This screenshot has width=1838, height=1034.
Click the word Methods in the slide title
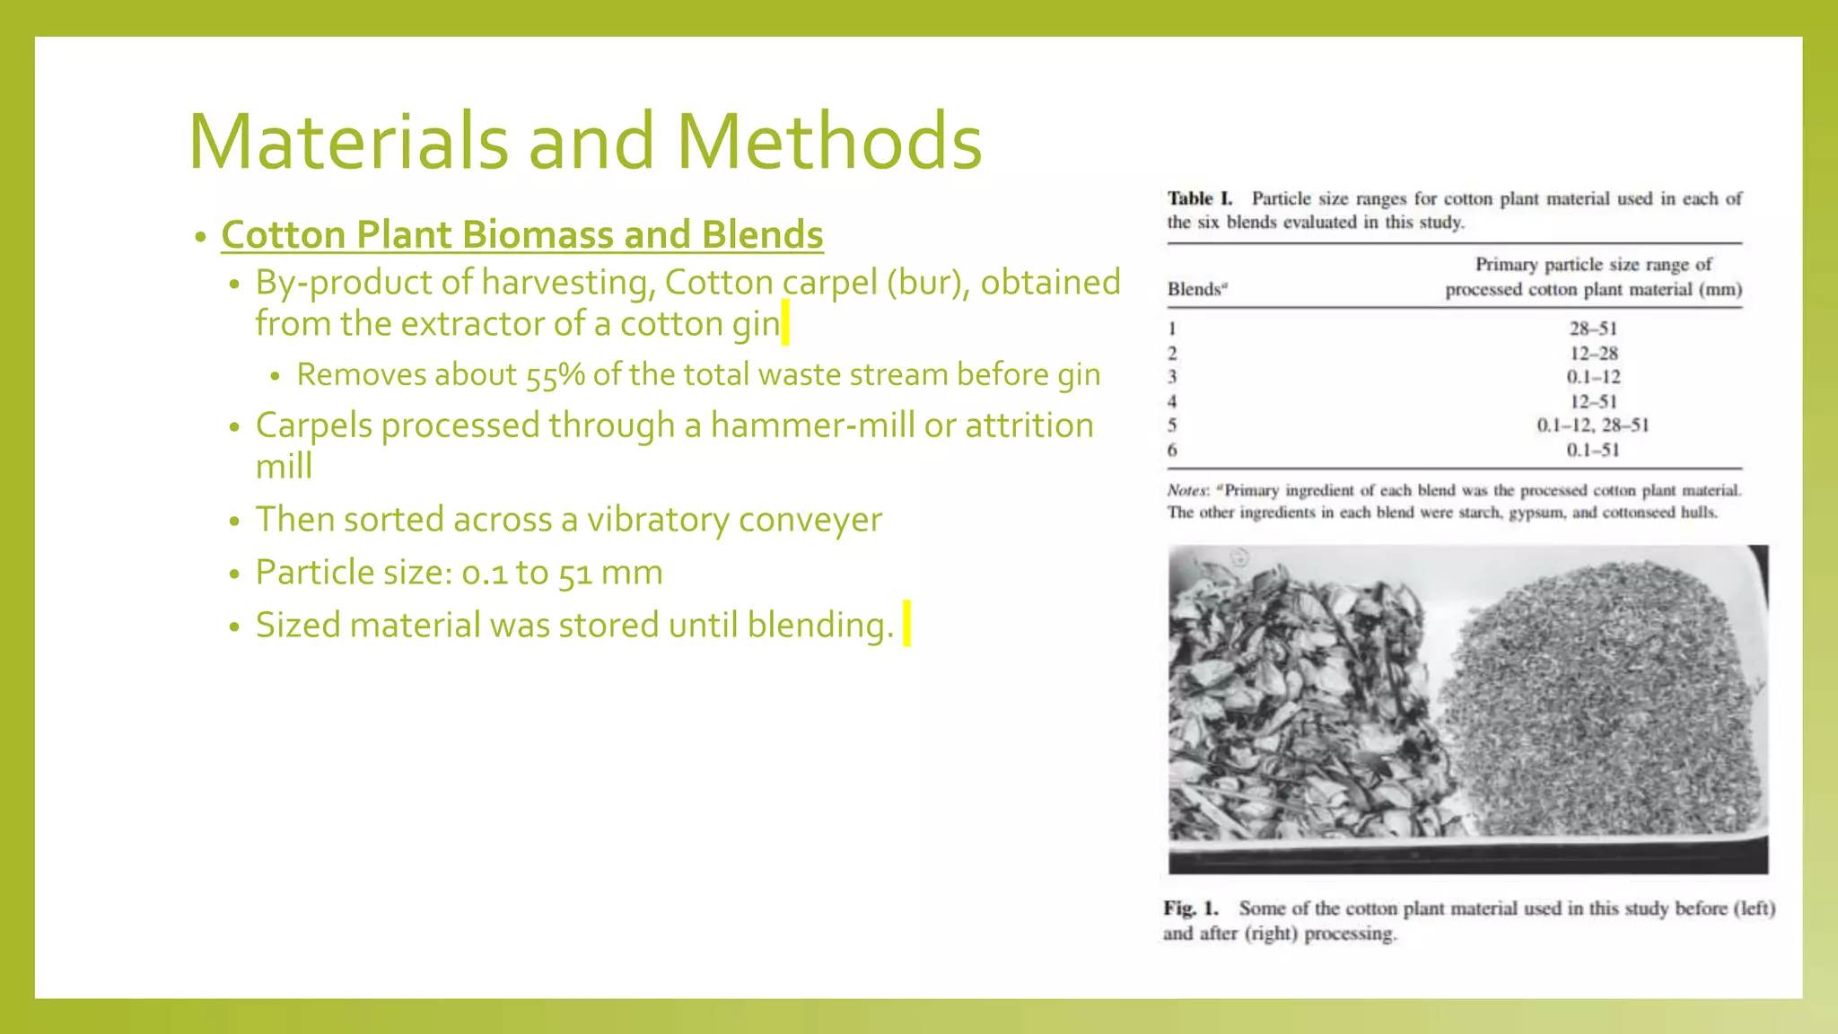pos(827,142)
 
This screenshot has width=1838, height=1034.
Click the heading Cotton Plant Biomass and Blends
pos(521,235)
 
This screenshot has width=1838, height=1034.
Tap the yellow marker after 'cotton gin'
pos(785,323)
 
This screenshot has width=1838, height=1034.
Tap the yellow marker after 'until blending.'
pos(906,624)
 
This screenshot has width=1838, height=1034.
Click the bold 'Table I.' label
pos(1200,198)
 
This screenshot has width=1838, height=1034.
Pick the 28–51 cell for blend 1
pos(1593,329)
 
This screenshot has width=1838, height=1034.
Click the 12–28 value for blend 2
pos(1593,354)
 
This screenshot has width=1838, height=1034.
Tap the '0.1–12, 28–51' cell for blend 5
pos(1593,425)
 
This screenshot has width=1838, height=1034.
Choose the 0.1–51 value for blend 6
pos(1593,450)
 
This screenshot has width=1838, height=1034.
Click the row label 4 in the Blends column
pos(1172,401)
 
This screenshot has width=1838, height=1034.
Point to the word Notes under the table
pos(1187,490)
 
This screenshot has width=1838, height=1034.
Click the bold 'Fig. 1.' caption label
pos(1191,908)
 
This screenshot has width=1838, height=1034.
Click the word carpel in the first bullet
pos(829,283)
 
